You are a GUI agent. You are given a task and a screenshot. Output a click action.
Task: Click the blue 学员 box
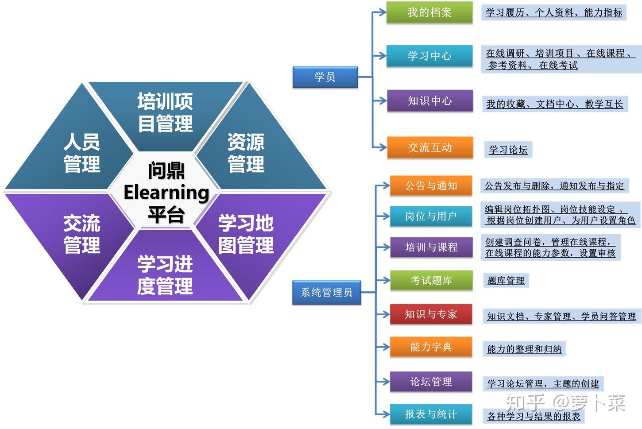(325, 77)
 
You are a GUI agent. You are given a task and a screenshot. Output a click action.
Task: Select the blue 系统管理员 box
(326, 292)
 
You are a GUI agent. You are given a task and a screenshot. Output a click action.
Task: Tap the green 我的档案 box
(429, 12)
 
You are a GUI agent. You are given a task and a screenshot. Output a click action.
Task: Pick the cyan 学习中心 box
(429, 56)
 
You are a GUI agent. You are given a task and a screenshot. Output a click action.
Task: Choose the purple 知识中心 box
(429, 101)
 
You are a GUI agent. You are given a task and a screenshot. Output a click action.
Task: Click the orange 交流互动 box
(429, 147)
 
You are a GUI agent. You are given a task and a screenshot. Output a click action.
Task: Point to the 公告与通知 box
(431, 186)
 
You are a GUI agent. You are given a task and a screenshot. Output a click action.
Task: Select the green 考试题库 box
(431, 280)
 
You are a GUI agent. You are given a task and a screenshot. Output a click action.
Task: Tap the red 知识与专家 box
(431, 314)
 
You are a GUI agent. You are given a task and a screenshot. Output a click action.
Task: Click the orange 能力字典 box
(431, 347)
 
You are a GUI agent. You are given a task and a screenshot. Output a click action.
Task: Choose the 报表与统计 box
(431, 414)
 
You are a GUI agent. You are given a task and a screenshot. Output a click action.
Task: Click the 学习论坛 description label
(508, 150)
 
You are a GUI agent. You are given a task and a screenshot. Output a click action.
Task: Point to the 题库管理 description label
(506, 280)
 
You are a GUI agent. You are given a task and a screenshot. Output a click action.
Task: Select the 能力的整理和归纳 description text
(524, 349)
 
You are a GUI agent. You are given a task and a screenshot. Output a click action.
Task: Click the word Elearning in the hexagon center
(166, 193)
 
